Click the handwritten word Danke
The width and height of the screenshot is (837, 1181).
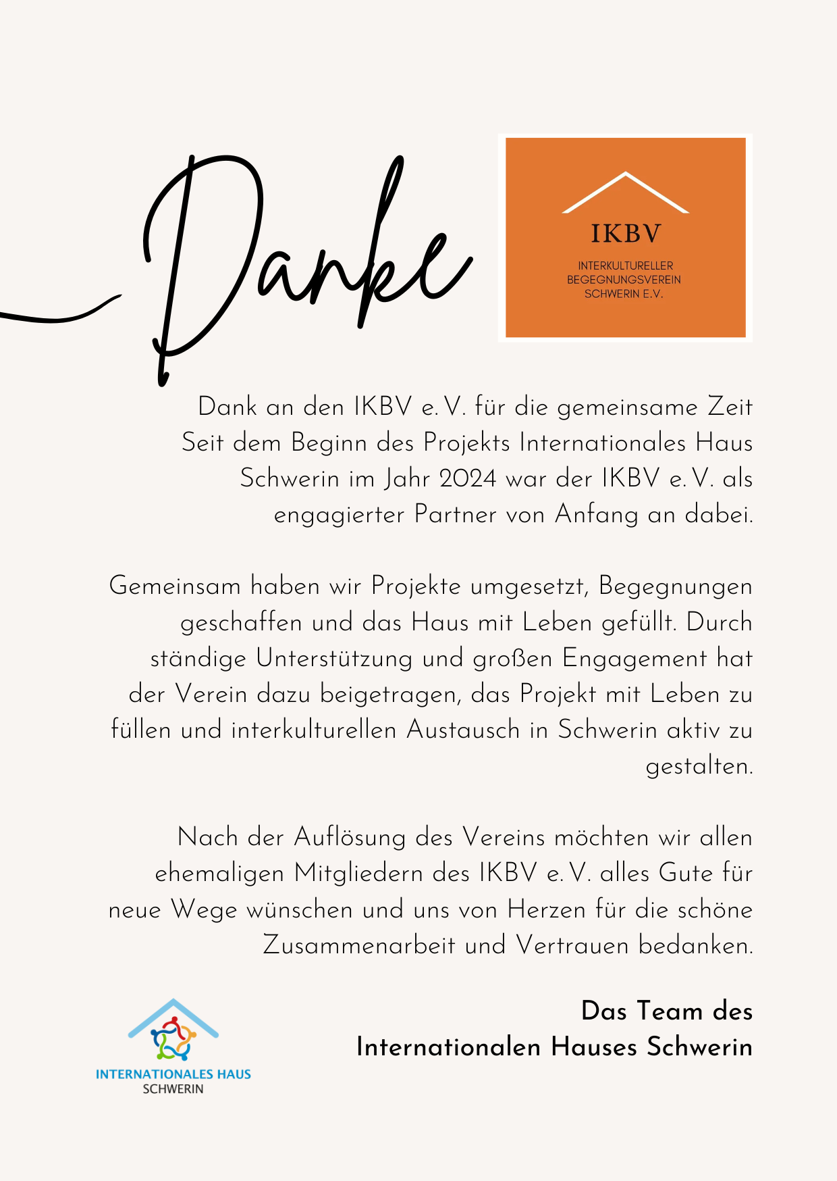[x=304, y=263]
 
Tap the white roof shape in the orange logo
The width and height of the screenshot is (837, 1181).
[x=625, y=193]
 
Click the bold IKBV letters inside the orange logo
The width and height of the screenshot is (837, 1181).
[x=626, y=234]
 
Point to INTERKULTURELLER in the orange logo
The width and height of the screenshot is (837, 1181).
[x=625, y=266]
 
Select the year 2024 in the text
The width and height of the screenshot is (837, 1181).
[x=468, y=478]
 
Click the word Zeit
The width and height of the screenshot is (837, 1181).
[x=730, y=407]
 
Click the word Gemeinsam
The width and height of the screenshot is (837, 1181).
[x=175, y=586]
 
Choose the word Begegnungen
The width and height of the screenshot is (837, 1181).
[x=675, y=586]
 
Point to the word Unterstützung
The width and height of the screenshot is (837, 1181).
[x=334, y=658]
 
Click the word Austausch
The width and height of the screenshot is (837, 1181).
[x=463, y=730]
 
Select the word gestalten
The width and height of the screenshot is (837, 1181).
[x=699, y=766]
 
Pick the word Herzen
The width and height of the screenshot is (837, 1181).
[x=546, y=909]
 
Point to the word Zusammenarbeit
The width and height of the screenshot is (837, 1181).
[x=358, y=945]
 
